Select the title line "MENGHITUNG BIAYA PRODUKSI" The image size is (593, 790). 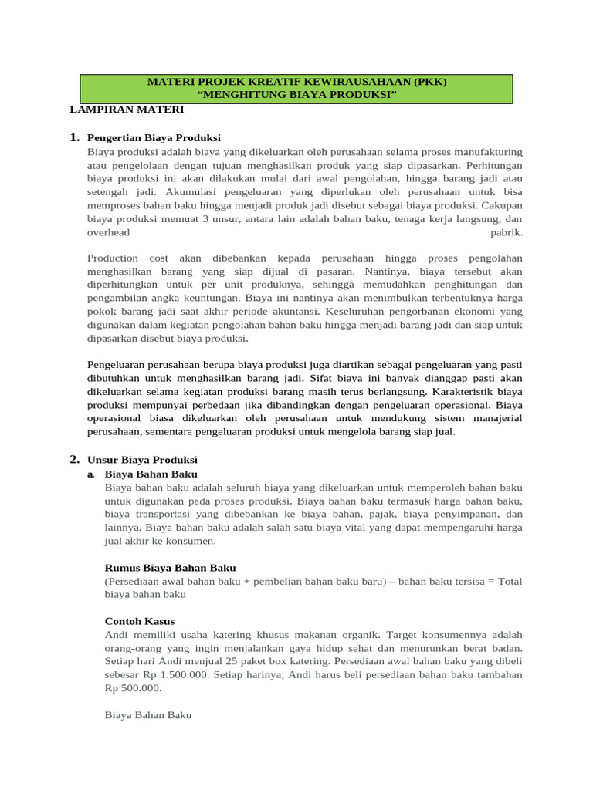tap(297, 95)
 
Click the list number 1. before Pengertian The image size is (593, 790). tap(75, 137)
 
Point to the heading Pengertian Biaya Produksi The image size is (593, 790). tap(154, 137)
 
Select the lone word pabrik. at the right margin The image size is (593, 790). tap(507, 232)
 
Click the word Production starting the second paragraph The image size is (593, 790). tap(113, 258)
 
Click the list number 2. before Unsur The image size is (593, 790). tap(75, 459)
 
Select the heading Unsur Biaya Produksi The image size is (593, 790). tap(142, 459)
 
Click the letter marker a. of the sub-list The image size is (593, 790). tap(92, 474)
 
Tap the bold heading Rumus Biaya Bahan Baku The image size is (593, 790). tap(170, 568)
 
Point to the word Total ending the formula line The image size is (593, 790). tap(510, 582)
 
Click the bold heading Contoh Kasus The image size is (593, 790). tap(139, 621)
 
